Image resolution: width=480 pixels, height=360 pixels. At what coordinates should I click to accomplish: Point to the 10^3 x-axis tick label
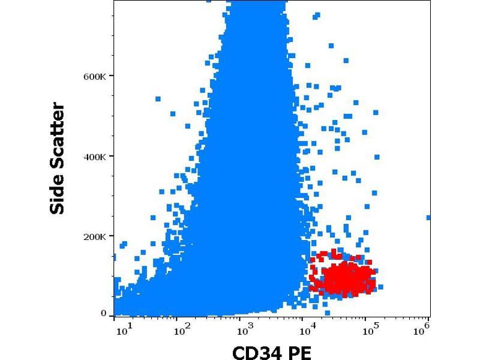pos(242,329)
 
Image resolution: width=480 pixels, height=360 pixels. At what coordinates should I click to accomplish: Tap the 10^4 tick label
pos(306,329)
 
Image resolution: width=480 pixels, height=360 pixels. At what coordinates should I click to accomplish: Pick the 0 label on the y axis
pos(103,313)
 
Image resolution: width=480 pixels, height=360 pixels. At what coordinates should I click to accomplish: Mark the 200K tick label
pos(95,236)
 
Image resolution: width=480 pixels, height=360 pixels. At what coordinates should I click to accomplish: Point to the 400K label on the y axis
pos(95,157)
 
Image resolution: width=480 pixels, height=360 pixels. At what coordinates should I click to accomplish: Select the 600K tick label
pos(95,76)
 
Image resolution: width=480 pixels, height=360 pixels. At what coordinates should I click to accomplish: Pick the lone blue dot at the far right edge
pos(428,218)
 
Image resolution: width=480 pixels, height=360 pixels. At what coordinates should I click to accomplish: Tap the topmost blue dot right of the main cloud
pos(331,46)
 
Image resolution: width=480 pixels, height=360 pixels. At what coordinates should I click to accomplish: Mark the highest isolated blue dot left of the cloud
pos(158,99)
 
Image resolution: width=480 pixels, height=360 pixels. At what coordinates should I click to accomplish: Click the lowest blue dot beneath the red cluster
pos(327,313)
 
